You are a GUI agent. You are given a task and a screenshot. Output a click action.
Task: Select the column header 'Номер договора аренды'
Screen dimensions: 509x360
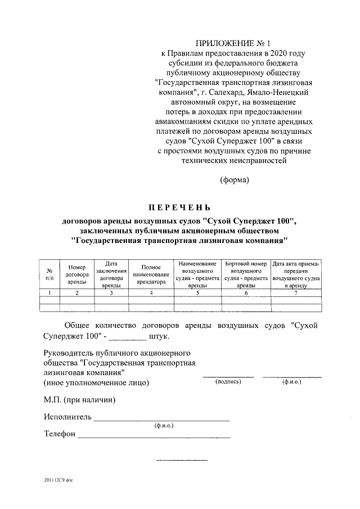click(x=76, y=274)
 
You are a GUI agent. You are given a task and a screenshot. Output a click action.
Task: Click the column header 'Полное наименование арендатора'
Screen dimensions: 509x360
click(x=151, y=274)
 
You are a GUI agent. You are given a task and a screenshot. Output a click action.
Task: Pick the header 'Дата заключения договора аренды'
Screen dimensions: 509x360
click(x=111, y=274)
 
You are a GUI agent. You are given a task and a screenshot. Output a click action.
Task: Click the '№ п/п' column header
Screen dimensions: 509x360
click(x=49, y=274)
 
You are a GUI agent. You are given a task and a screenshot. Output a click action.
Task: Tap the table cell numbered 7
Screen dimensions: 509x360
click(x=296, y=292)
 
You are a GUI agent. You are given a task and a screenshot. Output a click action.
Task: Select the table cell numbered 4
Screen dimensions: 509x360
click(x=151, y=292)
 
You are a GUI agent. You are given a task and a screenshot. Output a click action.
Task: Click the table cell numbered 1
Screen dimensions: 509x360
click(x=49, y=292)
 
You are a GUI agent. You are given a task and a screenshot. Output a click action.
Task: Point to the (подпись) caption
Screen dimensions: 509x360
click(x=228, y=382)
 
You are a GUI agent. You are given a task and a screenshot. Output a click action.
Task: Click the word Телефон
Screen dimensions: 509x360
click(x=59, y=435)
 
